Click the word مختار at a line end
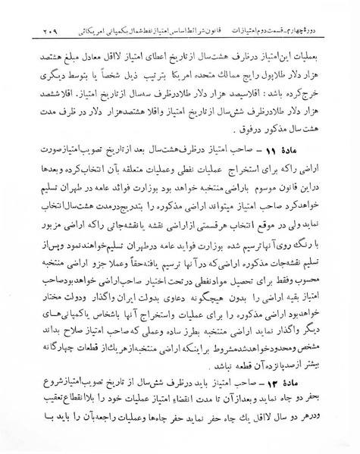[x=42, y=294]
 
